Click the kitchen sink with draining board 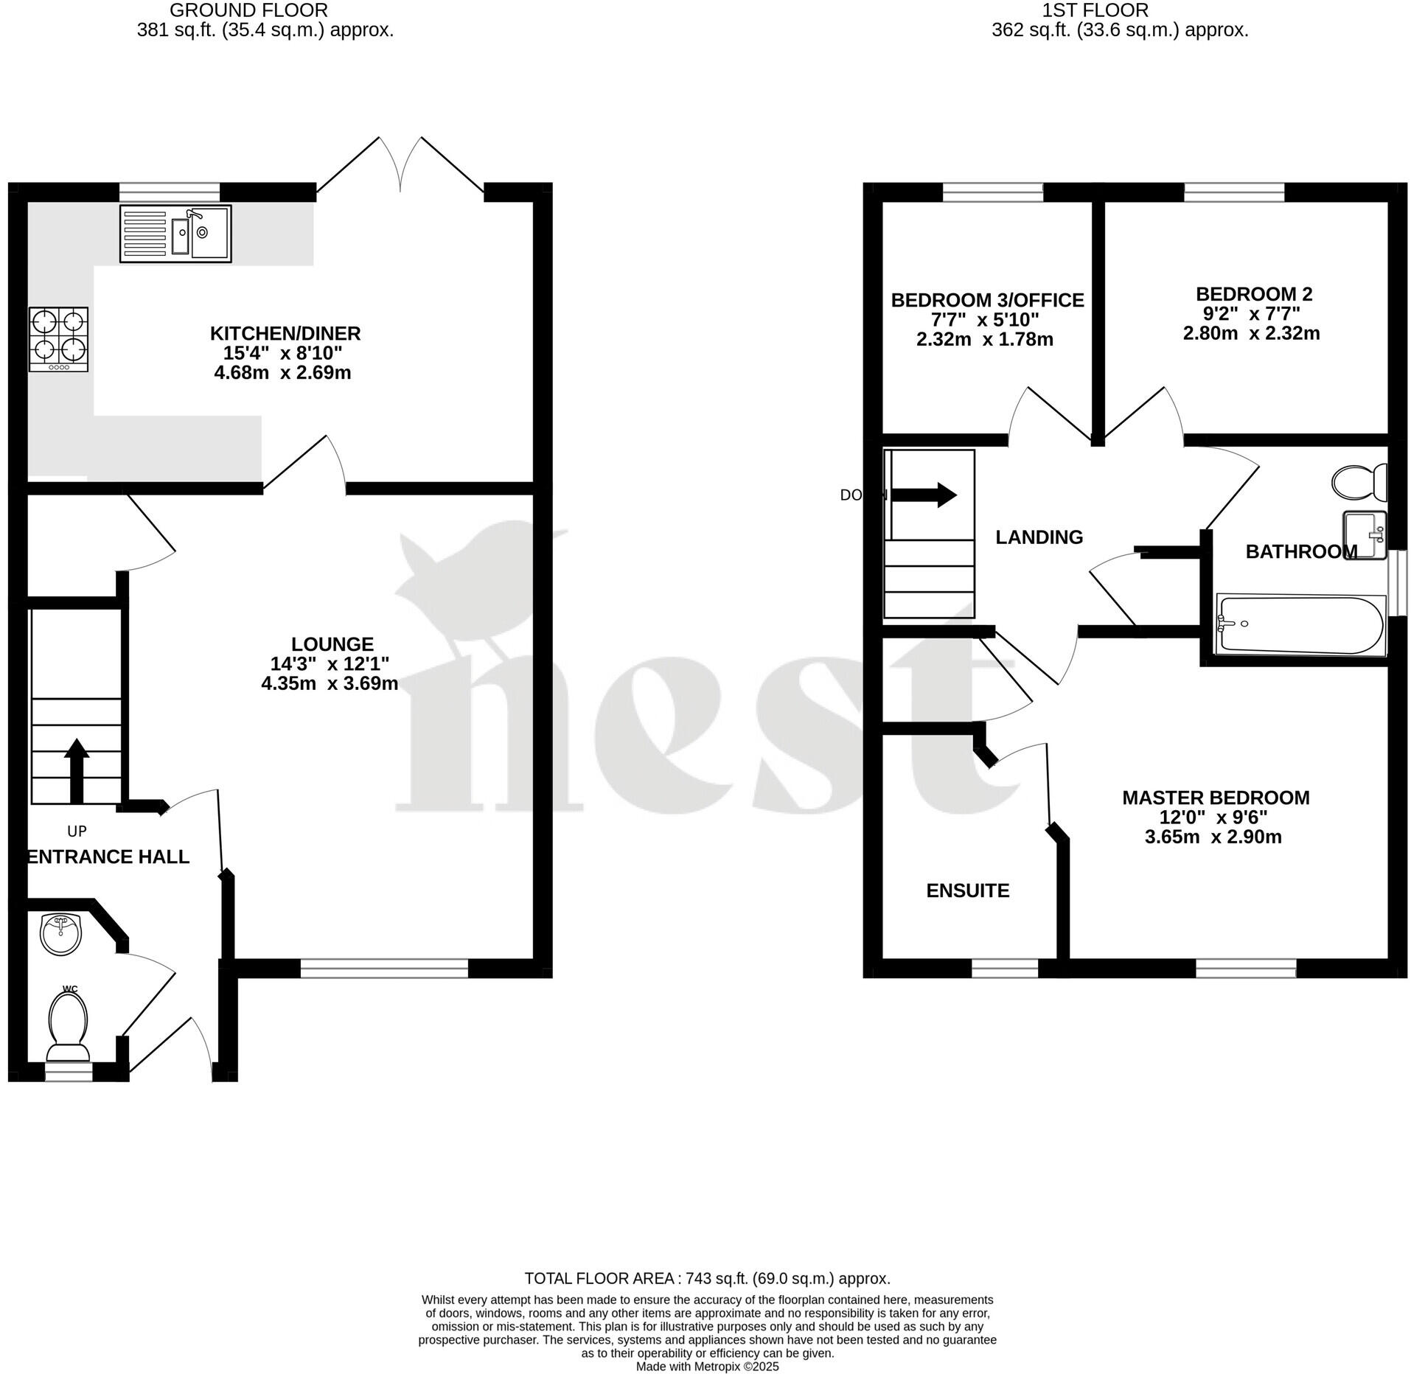point(175,233)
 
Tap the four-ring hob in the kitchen point(59,339)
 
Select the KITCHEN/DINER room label point(285,333)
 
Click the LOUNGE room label point(332,644)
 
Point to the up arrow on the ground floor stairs point(77,770)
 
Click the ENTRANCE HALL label point(108,857)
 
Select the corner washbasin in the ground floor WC point(61,934)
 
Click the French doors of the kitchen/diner point(400,165)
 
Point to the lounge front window point(384,968)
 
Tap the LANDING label point(1039,537)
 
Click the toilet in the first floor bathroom point(1360,481)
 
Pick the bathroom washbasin point(1365,534)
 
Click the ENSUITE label point(967,890)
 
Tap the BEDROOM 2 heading point(1254,294)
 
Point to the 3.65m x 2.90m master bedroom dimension point(1213,837)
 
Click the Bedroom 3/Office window point(993,192)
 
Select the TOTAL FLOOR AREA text point(707,1278)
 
